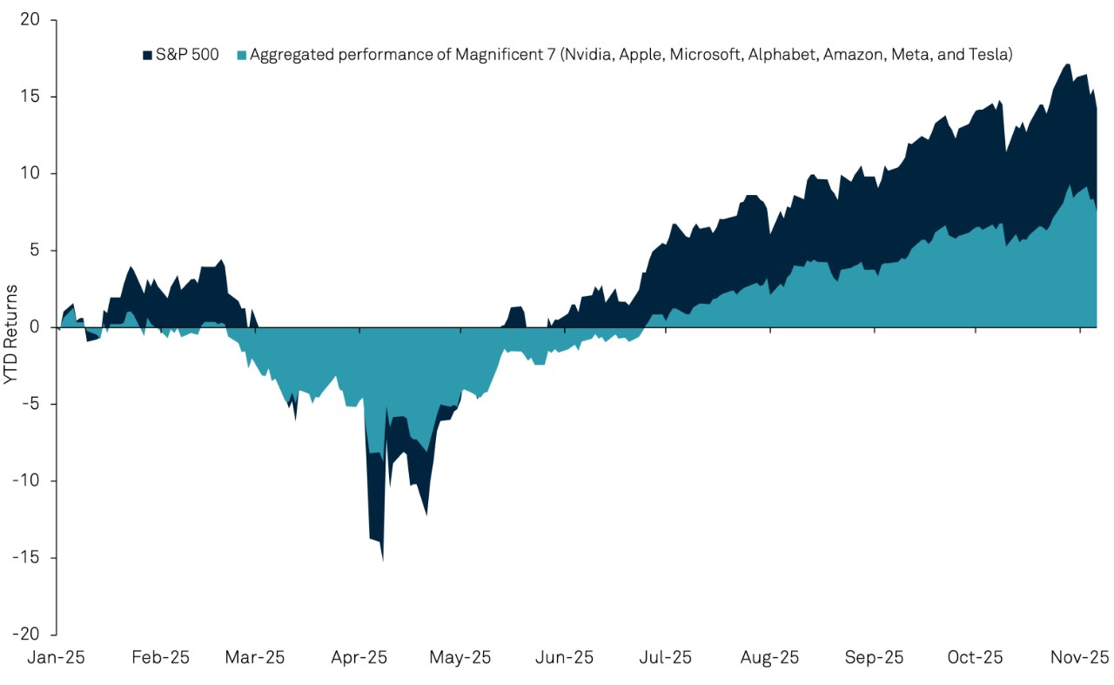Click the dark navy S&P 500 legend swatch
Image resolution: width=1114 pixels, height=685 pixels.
(146, 56)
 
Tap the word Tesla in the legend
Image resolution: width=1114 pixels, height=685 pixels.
(990, 56)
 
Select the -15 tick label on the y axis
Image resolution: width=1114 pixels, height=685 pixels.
(35, 558)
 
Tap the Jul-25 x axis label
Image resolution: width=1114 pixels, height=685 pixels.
(666, 657)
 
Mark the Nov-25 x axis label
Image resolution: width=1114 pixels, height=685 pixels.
(1080, 657)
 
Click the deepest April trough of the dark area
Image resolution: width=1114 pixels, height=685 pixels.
(383, 559)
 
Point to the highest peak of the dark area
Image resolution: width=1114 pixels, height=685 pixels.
(1065, 65)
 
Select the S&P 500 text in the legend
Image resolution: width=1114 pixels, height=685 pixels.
(186, 56)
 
